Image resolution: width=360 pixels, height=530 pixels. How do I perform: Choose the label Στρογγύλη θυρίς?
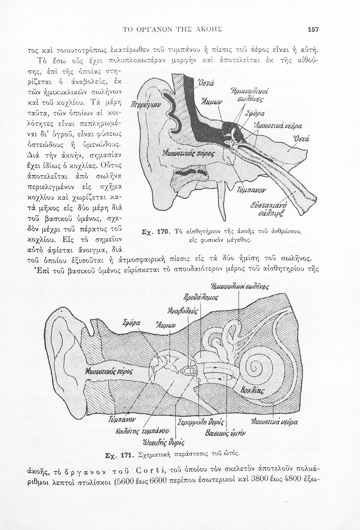click(200, 423)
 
